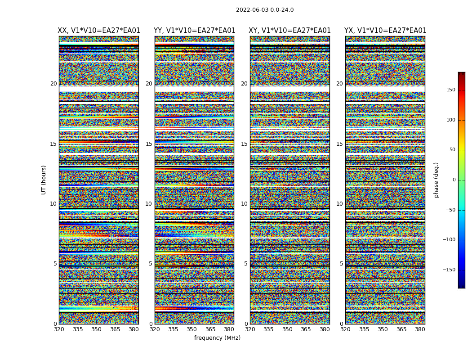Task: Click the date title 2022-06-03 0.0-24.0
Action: coord(265,10)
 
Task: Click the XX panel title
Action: coord(99,31)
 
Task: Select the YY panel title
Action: coord(194,31)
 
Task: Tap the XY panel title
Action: coord(289,31)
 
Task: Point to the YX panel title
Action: coord(385,31)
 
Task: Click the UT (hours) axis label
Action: coord(44,180)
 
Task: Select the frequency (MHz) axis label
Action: coord(217,338)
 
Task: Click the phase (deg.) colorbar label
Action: coord(436,180)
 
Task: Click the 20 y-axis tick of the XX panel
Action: coord(53,84)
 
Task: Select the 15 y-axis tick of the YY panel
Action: coord(149,144)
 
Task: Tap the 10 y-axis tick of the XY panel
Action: coord(244,204)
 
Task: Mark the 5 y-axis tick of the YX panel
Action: coord(341,264)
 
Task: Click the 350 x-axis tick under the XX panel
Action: coord(97,329)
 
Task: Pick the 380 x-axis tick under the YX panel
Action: coord(420,329)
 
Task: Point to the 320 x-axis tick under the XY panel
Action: coord(250,329)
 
